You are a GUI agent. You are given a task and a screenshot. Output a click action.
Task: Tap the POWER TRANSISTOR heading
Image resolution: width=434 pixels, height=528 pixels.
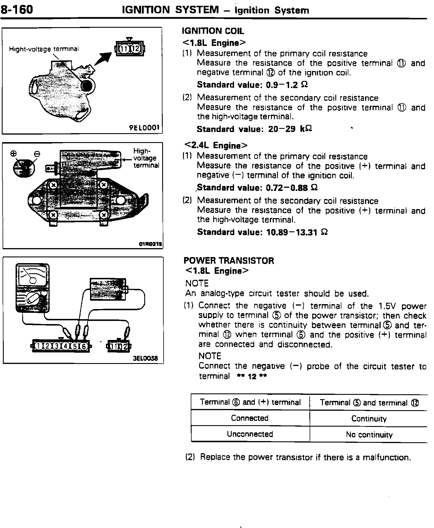point(229,261)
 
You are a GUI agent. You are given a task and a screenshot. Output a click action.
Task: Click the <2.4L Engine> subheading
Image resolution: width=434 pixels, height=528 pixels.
point(216,145)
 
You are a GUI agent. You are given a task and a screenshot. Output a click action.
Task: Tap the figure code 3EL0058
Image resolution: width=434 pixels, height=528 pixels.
point(145,358)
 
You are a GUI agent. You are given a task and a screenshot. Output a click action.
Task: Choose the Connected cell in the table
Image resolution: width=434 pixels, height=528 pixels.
point(250,418)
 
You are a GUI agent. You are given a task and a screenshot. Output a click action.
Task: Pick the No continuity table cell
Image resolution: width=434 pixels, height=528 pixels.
point(369,435)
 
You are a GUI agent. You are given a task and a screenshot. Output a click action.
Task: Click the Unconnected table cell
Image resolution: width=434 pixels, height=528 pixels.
point(250,434)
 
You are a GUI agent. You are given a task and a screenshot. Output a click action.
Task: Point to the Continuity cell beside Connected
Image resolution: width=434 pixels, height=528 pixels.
point(369,419)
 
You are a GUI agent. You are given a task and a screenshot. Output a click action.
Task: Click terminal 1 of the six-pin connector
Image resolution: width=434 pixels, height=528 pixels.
point(38,346)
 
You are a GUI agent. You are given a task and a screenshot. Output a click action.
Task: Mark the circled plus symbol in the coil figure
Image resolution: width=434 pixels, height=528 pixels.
point(13,154)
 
